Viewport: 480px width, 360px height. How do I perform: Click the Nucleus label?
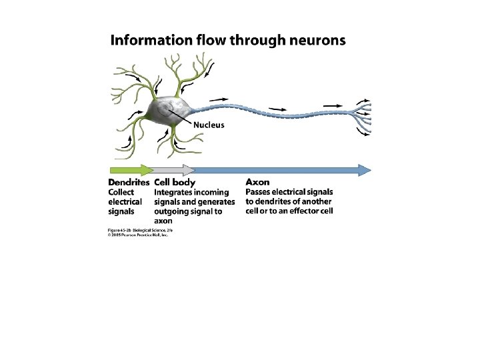209,125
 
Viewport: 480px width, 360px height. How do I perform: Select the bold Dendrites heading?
129,181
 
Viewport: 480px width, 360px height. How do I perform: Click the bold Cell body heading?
175,181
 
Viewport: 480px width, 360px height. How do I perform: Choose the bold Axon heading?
257,181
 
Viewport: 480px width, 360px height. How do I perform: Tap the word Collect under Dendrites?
121,192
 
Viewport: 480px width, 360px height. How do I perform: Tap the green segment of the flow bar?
129,169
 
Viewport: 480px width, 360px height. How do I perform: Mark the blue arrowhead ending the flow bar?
365,169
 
